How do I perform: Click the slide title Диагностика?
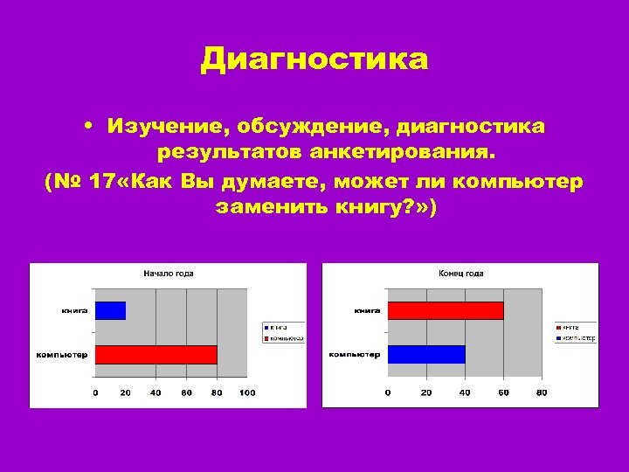pos(314,60)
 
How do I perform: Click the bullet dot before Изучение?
pos(90,128)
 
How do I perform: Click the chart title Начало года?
pos(169,274)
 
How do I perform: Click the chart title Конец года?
pos(461,274)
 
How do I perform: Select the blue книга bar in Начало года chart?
pos(110,310)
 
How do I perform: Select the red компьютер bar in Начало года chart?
pos(156,354)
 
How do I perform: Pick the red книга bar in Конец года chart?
pos(446,310)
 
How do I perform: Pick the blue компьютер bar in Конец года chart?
pos(426,354)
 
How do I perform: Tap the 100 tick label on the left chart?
pos(247,393)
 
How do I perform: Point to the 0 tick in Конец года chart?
pos(388,393)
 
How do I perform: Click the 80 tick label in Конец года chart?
pos(542,393)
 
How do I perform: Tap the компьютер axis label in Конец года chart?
pos(355,354)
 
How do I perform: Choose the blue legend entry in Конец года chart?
pos(575,337)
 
